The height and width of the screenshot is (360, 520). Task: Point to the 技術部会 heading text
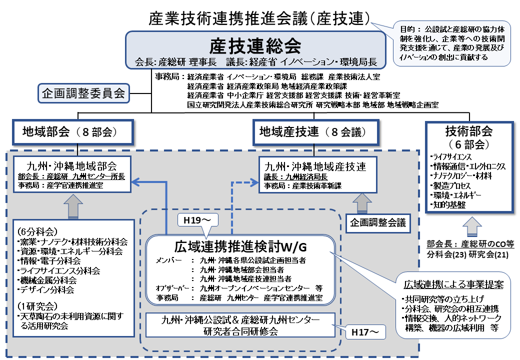point(468,131)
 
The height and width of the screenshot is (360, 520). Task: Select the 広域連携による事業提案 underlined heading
point(453,284)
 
